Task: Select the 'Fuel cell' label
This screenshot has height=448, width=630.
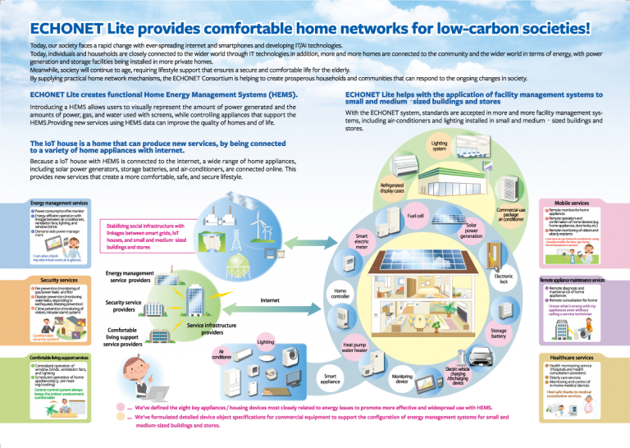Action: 416,216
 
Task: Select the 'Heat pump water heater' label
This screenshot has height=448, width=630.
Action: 359,350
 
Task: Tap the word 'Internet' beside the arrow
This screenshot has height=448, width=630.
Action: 270,301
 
